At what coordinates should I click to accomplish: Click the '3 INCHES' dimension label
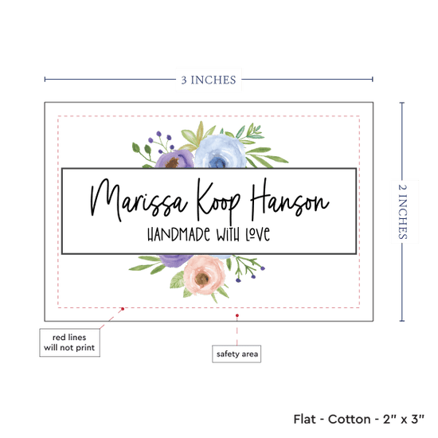209,80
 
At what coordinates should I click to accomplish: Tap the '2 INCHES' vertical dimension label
402,212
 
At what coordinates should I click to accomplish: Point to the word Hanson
290,198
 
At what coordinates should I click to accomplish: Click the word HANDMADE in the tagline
178,234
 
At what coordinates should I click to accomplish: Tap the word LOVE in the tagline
258,234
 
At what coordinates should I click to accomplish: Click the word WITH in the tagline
228,235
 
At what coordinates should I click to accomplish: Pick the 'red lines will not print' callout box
69,342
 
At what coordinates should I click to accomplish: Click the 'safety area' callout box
237,354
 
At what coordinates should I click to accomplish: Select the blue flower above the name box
221,151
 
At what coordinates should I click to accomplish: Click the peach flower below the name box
204,275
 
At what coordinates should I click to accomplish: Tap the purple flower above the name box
174,159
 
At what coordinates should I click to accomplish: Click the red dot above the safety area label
237,315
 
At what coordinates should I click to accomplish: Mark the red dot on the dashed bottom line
123,309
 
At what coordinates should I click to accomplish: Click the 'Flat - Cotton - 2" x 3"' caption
358,419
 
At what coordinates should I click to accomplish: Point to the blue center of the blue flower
217,162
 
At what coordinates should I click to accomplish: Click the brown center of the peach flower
201,279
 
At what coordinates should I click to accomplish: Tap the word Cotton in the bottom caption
349,419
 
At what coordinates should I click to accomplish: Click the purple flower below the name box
175,260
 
